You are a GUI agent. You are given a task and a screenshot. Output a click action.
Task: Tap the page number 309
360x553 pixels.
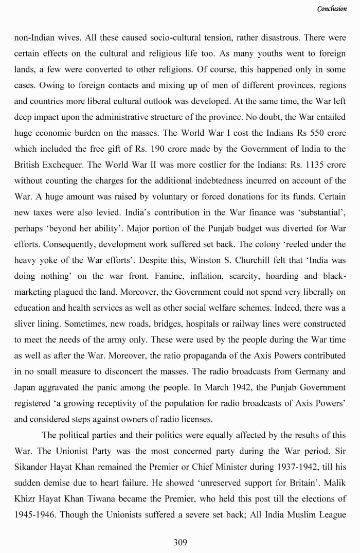click(180, 542)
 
